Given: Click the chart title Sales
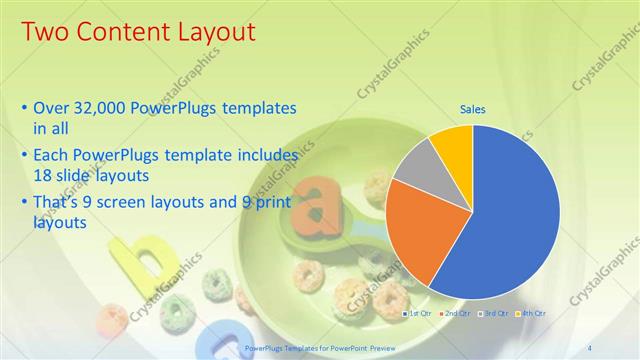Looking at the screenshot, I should (472, 110).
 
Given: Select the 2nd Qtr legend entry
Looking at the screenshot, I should (456, 314).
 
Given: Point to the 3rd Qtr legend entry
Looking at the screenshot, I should (494, 314).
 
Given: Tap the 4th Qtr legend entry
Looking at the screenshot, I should (531, 314).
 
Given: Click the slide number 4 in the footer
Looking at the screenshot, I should (589, 347).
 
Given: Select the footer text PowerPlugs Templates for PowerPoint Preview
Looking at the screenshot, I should (313, 347).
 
